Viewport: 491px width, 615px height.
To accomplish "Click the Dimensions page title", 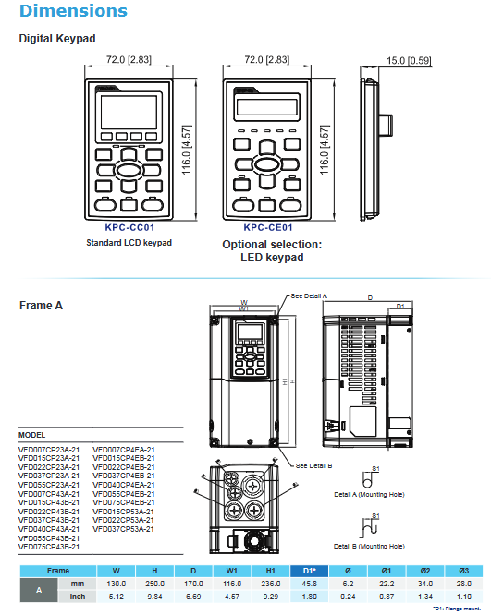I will coord(73,11).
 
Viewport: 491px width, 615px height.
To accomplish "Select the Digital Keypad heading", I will coord(57,39).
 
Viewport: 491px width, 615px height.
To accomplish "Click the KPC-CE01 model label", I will coord(268,227).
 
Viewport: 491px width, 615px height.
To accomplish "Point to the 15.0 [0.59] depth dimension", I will coord(409,61).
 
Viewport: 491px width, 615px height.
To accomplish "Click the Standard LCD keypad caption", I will coord(129,243).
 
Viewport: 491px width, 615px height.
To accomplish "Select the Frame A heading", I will coord(41,305).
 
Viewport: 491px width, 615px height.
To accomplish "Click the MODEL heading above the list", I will coord(32,434).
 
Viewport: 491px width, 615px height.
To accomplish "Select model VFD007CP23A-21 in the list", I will coord(49,449).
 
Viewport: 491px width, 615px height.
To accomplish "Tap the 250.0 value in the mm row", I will coord(154,584).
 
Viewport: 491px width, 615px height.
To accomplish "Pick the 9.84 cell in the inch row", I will coord(154,597).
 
